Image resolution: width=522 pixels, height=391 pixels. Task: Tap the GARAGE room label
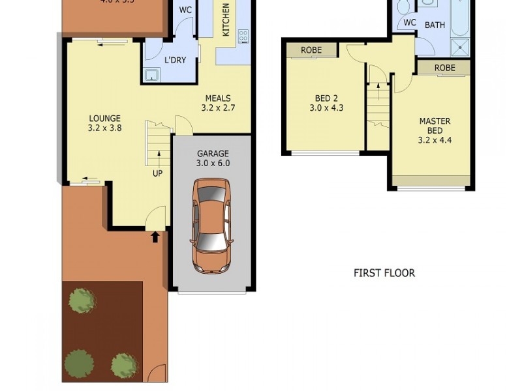pos(213,154)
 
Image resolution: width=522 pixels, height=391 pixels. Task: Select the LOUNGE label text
pos(104,118)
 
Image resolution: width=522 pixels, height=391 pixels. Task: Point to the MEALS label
pos(217,98)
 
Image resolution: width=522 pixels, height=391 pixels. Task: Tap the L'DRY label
pos(175,60)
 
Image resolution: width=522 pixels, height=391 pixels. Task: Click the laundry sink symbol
pos(153,75)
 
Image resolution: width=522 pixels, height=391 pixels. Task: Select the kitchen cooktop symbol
pos(243,36)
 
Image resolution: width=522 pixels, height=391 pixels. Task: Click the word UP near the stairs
pos(157,173)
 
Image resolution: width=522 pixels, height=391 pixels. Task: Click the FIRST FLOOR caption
pos(384,273)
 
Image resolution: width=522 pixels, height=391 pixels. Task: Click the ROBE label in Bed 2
pos(311,50)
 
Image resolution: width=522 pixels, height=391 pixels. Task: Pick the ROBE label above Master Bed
pos(444,68)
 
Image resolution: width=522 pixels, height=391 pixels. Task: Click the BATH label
pos(435,25)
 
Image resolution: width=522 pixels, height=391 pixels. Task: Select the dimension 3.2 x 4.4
pos(435,139)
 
